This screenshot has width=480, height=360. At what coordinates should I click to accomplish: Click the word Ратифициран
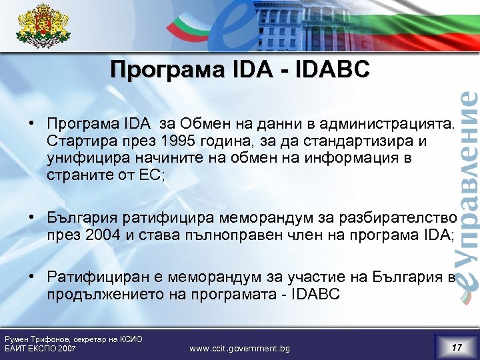tap(91, 278)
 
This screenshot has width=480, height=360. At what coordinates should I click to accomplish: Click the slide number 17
tap(457, 347)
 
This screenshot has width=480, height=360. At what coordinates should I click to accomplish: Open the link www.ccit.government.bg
tap(239, 348)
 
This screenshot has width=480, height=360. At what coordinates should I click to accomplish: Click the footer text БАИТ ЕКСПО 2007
tap(40, 349)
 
